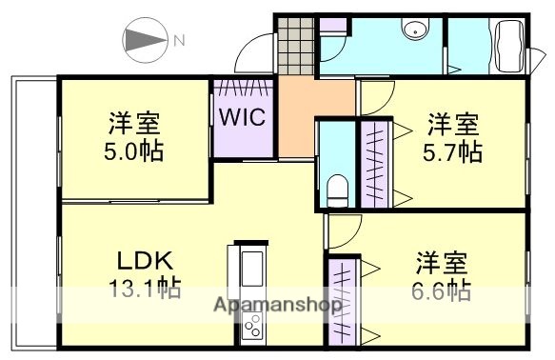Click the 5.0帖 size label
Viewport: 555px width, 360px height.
(x=133, y=151)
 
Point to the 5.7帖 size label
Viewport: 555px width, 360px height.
(x=452, y=151)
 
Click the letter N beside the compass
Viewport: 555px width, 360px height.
(x=179, y=40)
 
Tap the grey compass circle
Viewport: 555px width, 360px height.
(x=143, y=41)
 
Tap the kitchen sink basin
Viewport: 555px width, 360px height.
(x=254, y=270)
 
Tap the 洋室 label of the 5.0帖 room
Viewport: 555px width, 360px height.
(x=133, y=124)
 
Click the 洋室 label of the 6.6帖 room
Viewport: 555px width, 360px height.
(x=440, y=262)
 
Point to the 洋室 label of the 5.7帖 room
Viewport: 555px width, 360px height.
(x=452, y=124)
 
